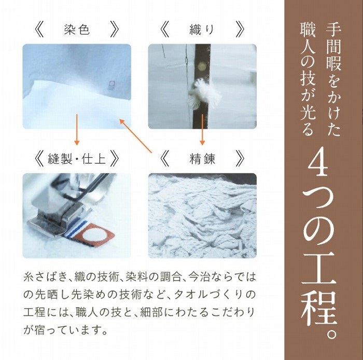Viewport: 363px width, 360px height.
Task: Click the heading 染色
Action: click(x=77, y=30)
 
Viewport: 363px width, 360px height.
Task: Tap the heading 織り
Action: click(x=202, y=30)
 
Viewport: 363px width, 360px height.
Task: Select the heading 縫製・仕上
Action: click(x=77, y=159)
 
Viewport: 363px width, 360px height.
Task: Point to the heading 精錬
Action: click(x=202, y=159)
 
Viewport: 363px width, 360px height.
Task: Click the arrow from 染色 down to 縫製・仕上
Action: click(x=77, y=129)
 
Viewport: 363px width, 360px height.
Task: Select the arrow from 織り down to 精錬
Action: click(x=202, y=129)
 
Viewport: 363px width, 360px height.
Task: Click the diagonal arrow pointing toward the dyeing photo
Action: click(x=135, y=136)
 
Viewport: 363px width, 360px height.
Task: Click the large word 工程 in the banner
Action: click(x=319, y=289)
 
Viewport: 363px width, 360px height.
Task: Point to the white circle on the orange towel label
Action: click(x=94, y=237)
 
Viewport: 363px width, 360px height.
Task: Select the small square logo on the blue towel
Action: click(x=110, y=85)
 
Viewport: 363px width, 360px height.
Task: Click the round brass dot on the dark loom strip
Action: click(x=202, y=67)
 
